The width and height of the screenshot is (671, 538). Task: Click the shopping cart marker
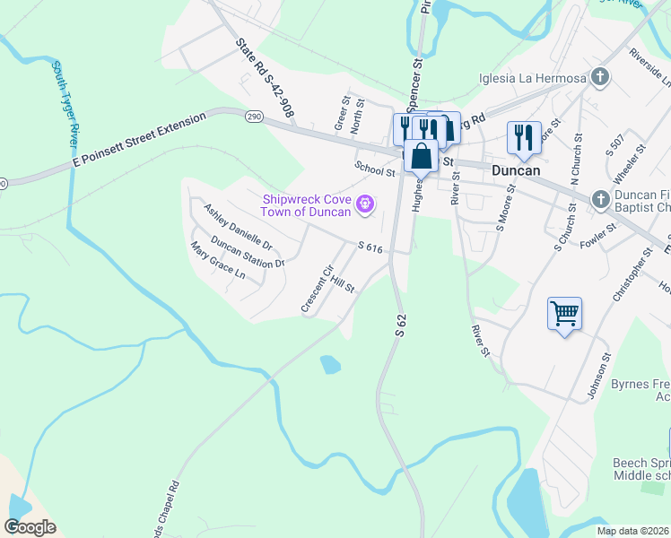[x=564, y=315]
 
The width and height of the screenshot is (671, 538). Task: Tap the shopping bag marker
[x=421, y=156]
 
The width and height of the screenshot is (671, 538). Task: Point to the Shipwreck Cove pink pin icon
[x=364, y=205]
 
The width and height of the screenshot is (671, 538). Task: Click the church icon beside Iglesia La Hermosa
[x=600, y=77]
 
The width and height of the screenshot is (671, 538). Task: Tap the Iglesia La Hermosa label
[x=533, y=77]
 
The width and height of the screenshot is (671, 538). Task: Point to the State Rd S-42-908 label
[x=266, y=79]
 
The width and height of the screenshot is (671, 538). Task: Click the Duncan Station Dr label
[x=248, y=252]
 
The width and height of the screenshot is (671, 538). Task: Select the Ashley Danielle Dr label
[x=238, y=226]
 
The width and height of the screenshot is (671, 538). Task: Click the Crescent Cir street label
[x=318, y=288]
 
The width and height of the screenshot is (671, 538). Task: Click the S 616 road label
[x=370, y=247]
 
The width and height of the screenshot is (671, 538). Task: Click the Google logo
[x=30, y=527]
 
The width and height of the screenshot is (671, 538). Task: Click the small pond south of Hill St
[x=330, y=364]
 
